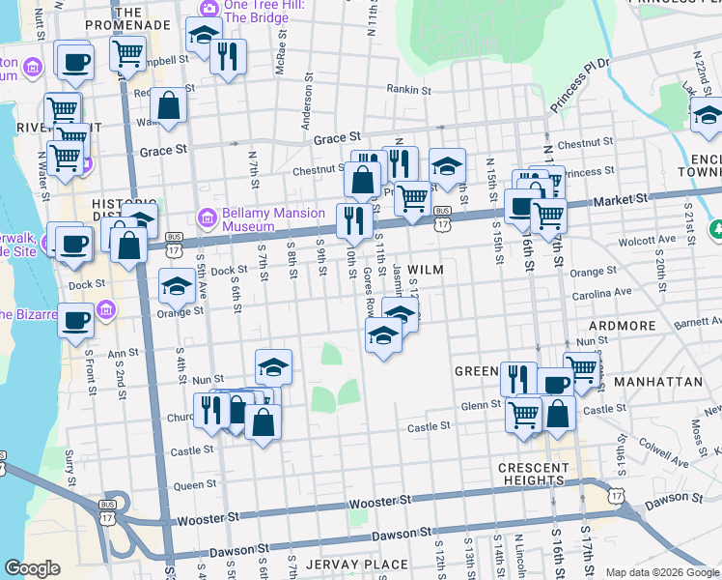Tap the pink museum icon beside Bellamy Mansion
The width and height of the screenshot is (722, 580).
[204, 216]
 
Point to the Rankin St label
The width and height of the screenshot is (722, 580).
[408, 90]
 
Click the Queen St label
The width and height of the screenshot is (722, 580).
[195, 485]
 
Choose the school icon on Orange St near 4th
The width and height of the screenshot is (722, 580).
[177, 286]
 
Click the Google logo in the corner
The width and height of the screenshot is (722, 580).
[32, 569]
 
